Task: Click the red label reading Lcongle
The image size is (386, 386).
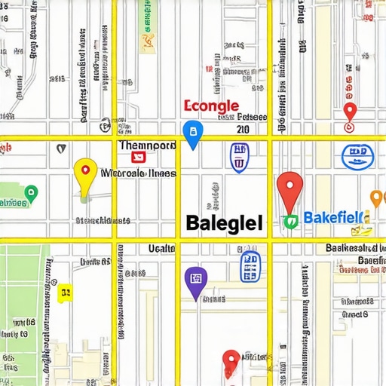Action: click(211, 106)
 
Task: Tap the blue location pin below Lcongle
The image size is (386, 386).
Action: click(193, 133)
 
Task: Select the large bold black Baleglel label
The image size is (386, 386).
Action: click(224, 222)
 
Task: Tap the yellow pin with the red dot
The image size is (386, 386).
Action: click(85, 173)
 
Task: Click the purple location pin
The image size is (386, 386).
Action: click(195, 280)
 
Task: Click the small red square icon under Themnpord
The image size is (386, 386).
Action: click(139, 157)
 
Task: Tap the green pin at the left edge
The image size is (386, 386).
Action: click(31, 195)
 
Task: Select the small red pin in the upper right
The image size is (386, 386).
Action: click(349, 111)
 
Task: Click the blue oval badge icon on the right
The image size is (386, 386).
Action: click(355, 156)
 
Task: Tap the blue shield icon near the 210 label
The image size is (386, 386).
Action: click(239, 157)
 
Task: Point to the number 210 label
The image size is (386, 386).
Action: click(242, 130)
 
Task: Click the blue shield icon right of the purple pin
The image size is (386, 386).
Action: click(249, 266)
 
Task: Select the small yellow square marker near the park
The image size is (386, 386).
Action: click(66, 292)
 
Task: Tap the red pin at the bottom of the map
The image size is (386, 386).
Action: click(231, 362)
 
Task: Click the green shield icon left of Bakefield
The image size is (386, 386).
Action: click(290, 221)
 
